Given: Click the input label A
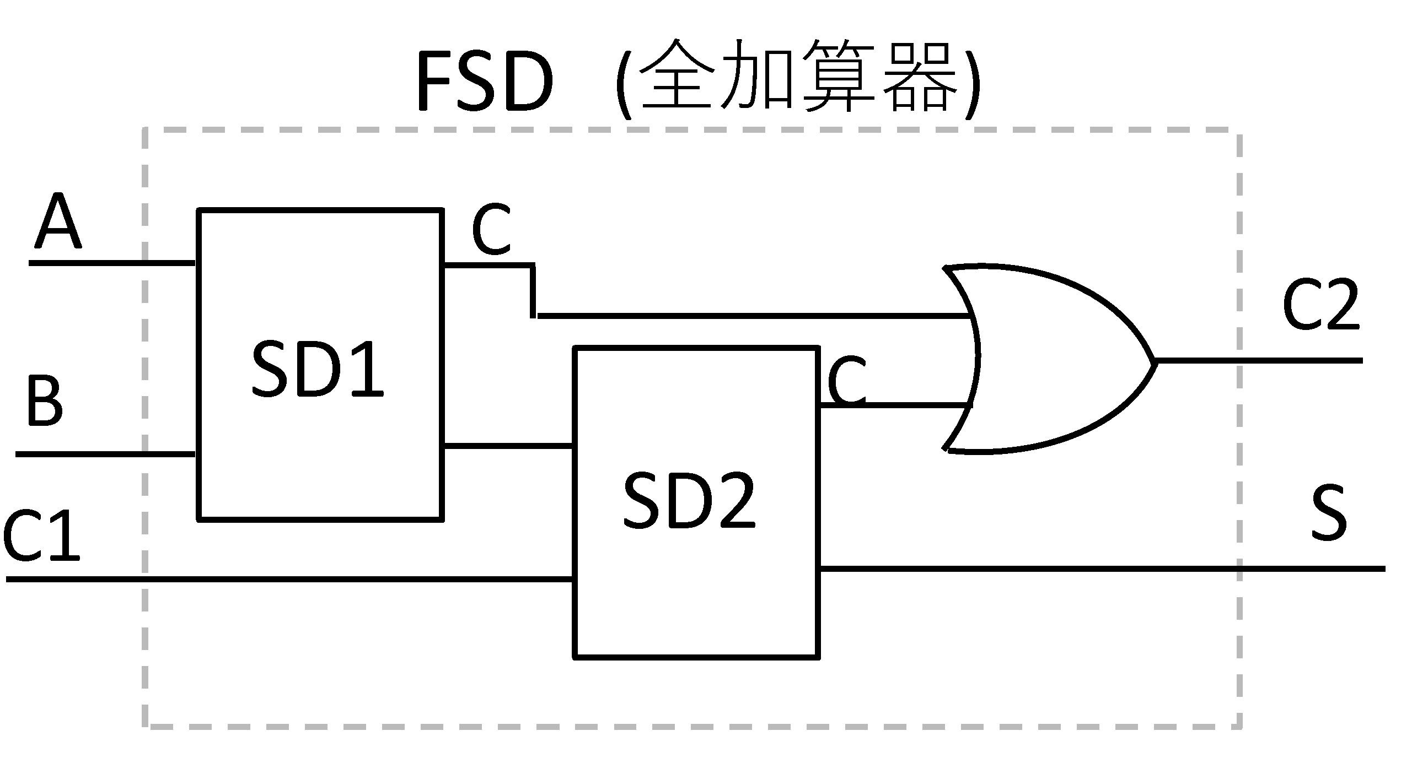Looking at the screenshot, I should pos(58,221).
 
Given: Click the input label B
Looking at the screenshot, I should pos(44,401).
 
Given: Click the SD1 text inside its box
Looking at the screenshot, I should pos(317,369).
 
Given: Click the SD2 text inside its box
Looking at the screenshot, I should pos(689,501).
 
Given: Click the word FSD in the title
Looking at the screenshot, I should pos(484,82).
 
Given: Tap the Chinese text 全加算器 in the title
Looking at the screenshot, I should pos(798,78).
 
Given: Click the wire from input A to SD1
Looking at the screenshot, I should pos(111,263).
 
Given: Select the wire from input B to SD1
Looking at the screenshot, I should pos(105,454).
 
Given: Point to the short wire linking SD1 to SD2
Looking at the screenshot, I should pos(508,445).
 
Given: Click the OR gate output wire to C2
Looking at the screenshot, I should pos(1258,361).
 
